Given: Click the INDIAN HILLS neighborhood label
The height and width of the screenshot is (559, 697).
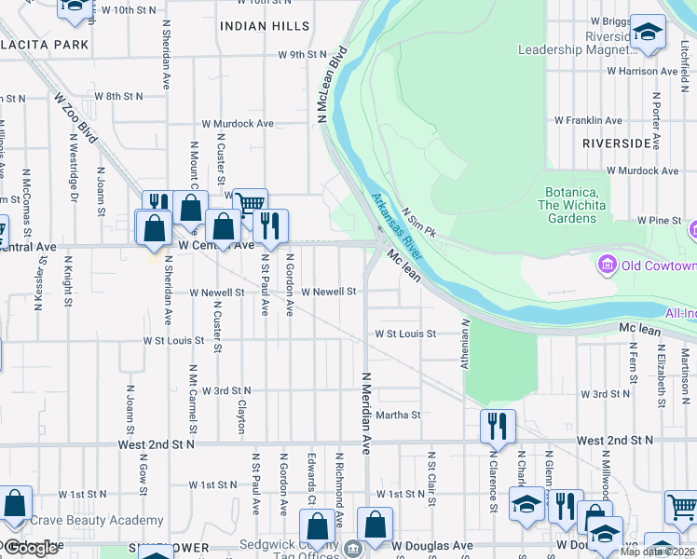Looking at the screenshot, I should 257,26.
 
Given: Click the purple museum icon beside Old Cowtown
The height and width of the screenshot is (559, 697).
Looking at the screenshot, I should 608,265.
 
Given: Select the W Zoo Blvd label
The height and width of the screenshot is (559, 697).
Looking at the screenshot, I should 74,116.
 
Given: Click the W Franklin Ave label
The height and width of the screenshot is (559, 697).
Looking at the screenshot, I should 587,120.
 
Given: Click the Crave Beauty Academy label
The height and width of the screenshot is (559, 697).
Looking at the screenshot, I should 97,521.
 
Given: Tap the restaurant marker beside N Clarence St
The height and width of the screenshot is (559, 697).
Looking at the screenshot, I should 498,427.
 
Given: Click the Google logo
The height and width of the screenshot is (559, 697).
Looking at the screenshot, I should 33,548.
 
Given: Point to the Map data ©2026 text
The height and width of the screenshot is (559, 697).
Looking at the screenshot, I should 658,552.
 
